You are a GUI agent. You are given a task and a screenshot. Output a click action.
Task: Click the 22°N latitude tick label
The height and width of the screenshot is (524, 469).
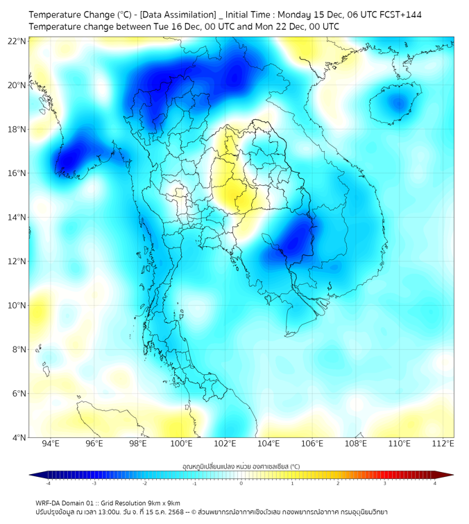(17, 42)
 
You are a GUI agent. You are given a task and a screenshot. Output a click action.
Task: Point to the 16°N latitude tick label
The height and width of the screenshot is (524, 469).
(17, 173)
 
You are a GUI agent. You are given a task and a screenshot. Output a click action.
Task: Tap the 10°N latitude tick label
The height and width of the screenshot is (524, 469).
(17, 306)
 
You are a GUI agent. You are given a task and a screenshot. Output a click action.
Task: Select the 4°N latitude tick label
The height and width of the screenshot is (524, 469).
(19, 437)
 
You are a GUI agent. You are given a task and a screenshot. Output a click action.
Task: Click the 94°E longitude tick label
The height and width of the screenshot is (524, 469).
(51, 444)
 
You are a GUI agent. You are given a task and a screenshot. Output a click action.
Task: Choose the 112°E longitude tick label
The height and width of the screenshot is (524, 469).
(443, 444)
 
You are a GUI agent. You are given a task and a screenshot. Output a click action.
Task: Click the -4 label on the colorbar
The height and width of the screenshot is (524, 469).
(48, 483)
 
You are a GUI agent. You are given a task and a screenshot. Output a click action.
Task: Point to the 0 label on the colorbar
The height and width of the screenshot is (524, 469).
(241, 483)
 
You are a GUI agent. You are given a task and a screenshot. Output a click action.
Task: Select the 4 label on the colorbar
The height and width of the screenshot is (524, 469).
(434, 483)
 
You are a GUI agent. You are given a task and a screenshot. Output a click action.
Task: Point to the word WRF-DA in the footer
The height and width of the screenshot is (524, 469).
(49, 503)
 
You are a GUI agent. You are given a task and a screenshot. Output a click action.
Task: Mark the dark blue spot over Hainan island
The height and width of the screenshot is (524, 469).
(397, 103)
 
